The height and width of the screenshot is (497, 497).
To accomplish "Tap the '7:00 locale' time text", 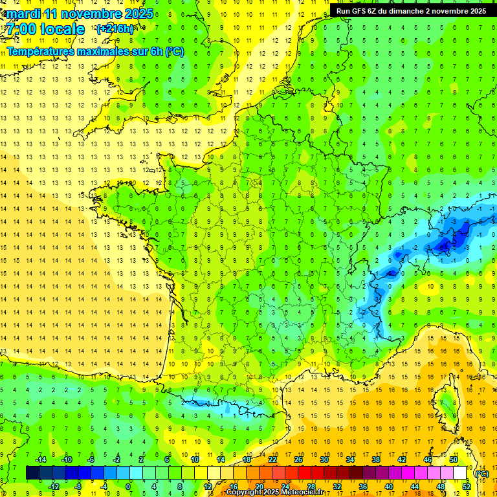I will click(45, 29).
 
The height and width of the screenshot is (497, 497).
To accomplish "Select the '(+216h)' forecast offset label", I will click(115, 29).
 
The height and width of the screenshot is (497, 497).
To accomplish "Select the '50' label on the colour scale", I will click(453, 459).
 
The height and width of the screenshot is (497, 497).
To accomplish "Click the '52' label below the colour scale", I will click(467, 486).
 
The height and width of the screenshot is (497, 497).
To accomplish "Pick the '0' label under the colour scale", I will click(128, 486).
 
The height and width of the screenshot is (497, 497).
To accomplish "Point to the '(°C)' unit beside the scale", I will click(481, 473).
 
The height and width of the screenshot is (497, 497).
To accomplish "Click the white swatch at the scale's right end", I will click(460, 473).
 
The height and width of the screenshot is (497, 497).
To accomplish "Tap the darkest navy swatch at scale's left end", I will click(32, 473).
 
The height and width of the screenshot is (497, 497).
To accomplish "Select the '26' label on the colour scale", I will click(298, 459).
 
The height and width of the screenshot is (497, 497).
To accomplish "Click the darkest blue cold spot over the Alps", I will click(445, 245).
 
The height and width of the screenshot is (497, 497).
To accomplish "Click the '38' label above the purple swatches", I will click(375, 459).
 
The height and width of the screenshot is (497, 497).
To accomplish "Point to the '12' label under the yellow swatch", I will click(208, 486).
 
